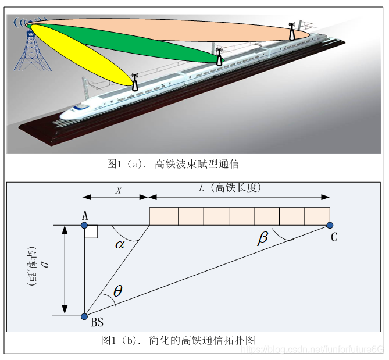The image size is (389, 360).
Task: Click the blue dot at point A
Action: point(85,225)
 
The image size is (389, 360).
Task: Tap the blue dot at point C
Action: point(330,225)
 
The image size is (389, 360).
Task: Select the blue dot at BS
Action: point(85,316)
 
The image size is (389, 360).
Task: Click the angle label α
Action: point(120,244)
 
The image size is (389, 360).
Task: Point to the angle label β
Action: point(263,237)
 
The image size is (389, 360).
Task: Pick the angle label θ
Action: point(117,291)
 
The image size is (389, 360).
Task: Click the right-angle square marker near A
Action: point(91,232)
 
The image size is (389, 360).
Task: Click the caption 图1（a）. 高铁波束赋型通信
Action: point(173,164)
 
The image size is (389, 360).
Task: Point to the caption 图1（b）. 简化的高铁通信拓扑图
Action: point(178,340)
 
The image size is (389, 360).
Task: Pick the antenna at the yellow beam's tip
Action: point(135,83)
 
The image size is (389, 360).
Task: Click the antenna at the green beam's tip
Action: point(219,57)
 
